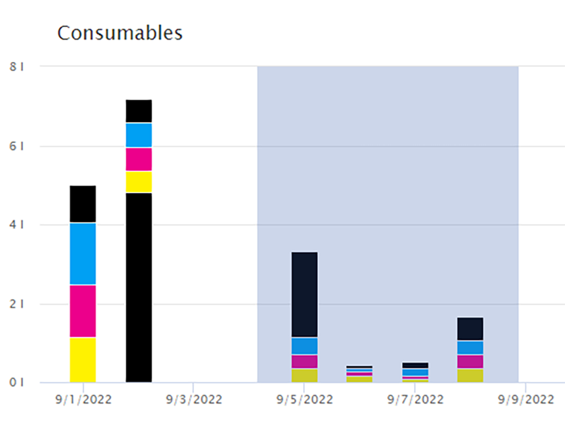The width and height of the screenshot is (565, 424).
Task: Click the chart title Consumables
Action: (120, 33)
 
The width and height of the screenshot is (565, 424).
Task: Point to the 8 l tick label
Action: (16, 67)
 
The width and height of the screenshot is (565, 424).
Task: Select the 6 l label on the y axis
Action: (16, 146)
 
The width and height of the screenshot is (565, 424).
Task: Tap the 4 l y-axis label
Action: (16, 225)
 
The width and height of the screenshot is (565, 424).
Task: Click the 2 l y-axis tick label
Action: (16, 304)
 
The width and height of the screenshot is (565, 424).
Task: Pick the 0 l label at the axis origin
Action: (16, 383)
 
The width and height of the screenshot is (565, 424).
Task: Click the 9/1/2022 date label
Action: (83, 400)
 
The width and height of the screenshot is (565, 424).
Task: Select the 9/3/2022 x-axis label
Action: (193, 400)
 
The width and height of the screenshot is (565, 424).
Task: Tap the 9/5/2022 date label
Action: (304, 400)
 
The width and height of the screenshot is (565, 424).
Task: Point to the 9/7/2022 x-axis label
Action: (415, 400)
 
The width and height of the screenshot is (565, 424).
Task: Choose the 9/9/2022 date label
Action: (526, 400)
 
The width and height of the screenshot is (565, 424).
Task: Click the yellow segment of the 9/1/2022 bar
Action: (83, 360)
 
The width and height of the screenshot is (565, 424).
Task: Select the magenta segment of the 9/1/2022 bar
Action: (83, 311)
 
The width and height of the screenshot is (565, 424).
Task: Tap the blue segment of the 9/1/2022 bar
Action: (83, 254)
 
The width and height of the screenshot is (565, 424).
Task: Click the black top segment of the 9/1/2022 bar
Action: (83, 204)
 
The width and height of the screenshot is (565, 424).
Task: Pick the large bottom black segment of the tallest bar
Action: (139, 288)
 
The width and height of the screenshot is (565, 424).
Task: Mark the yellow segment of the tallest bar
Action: (139, 182)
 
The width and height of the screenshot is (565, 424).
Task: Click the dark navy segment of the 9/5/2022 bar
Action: (304, 294)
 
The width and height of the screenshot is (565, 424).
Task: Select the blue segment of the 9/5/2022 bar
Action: (304, 346)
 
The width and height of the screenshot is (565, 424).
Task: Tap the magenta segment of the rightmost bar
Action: (470, 362)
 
